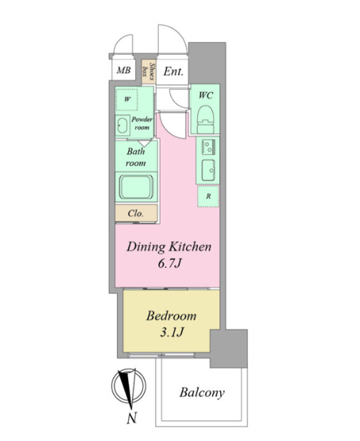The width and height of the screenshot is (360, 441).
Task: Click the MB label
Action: (124, 70)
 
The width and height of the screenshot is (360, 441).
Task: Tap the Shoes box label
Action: (149, 72)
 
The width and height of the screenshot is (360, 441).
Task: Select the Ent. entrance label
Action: (173, 72)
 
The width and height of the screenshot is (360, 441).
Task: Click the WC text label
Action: (206, 95)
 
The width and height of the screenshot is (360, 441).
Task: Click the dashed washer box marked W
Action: (127, 99)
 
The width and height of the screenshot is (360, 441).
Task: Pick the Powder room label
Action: (142, 123)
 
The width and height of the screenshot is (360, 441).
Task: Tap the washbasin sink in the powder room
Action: (122, 126)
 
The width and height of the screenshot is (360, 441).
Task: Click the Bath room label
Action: (136, 157)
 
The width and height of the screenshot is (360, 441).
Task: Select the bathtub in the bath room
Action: (137, 187)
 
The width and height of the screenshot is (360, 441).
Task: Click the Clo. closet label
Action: (136, 213)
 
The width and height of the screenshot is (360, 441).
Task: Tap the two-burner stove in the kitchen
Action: (208, 147)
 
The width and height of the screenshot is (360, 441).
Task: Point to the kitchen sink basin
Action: (208, 170)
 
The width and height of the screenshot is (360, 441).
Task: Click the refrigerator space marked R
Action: (208, 196)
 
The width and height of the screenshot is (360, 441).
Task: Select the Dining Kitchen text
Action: (169, 247)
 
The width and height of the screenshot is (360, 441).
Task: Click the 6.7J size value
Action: (169, 264)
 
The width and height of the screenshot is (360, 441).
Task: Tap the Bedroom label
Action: (172, 315)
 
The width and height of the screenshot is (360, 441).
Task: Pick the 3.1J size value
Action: (172, 333)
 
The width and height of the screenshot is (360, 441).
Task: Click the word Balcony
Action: (202, 393)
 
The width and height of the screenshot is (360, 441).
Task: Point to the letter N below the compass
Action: (132, 418)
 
